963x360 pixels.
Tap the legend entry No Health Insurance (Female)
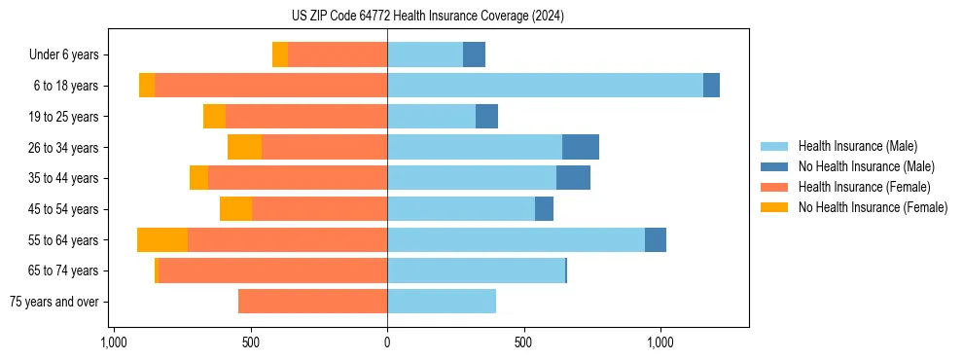click(x=873, y=207)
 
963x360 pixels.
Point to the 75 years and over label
click(x=53, y=302)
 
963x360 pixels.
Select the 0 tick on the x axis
click(x=387, y=342)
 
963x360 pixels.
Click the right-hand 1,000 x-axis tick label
click(x=660, y=342)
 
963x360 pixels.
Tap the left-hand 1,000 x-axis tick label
click(x=114, y=342)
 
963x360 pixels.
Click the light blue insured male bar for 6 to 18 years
click(x=545, y=86)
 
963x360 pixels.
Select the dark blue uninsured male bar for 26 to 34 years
click(x=581, y=147)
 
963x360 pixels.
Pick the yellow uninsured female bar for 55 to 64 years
click(x=162, y=240)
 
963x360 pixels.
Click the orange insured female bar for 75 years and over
click(x=312, y=302)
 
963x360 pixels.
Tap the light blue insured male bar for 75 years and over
click(x=442, y=302)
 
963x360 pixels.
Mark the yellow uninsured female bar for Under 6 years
click(x=280, y=55)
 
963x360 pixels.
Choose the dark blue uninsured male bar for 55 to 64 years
click(x=656, y=240)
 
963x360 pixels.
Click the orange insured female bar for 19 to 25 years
click(x=306, y=117)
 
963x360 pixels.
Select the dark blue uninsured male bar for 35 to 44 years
click(x=573, y=178)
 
